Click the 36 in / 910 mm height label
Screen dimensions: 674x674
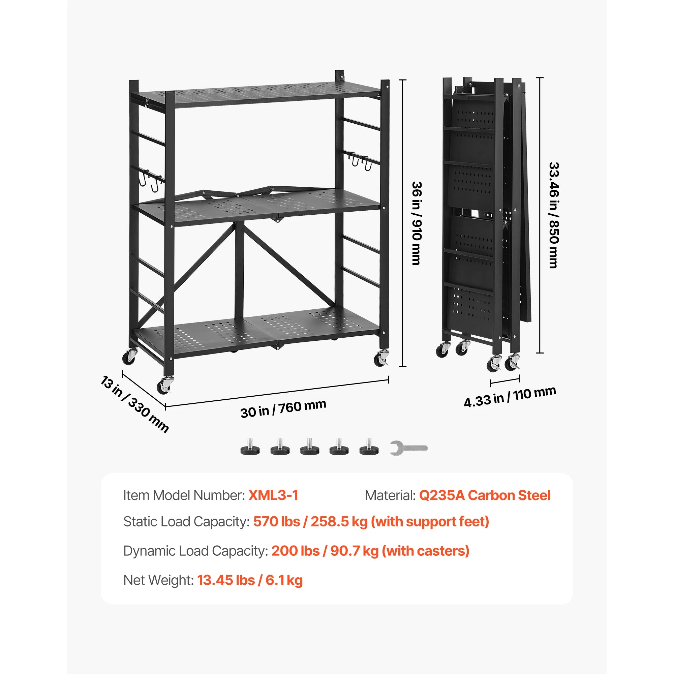417,223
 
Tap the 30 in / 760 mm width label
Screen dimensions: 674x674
283,409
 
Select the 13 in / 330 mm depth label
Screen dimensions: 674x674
135,404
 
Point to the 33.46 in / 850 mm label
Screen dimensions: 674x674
554,215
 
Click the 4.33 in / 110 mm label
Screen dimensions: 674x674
509,397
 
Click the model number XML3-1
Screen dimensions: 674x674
273,495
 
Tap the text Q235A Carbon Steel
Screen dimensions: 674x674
484,495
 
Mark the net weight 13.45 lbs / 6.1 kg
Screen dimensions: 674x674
250,580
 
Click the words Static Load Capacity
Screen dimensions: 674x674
186,522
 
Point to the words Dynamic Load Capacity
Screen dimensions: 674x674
195,551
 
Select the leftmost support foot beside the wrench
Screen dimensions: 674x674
250,447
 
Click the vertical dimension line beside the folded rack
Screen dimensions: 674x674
540,215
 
